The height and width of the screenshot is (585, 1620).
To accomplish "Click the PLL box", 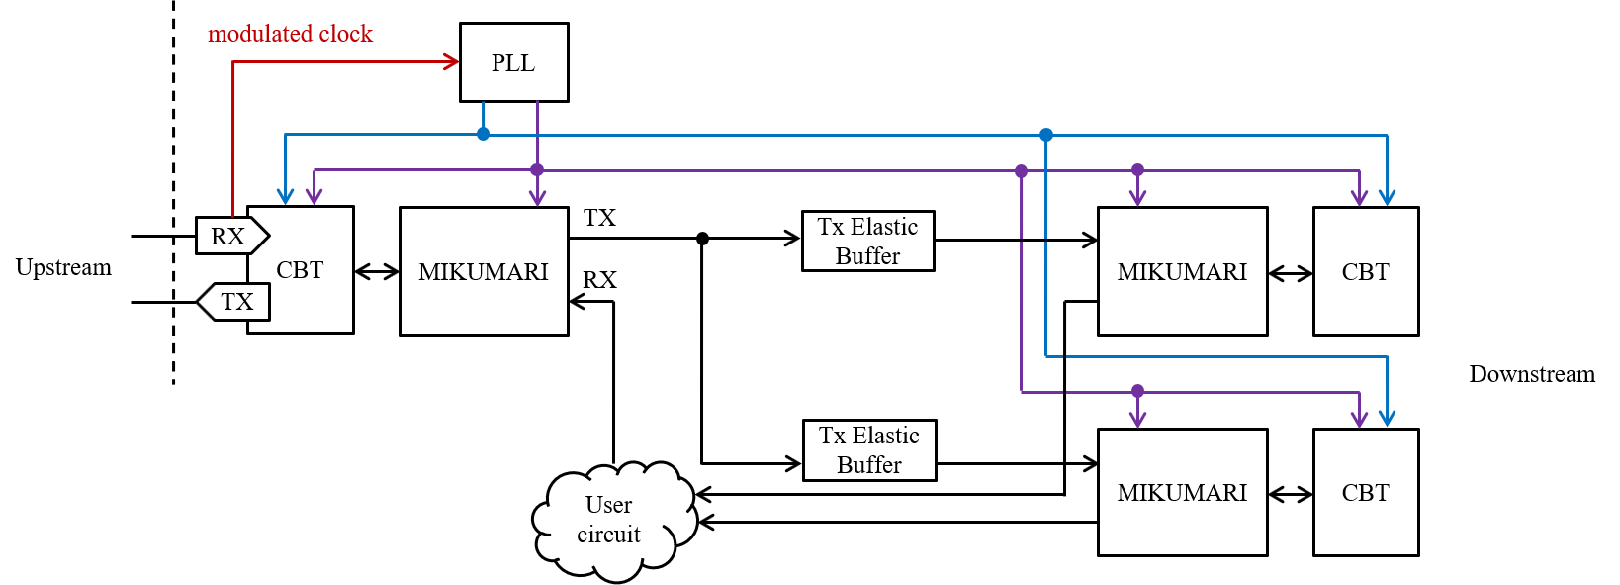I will (513, 62).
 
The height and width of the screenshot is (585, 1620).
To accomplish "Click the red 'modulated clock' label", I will (290, 34).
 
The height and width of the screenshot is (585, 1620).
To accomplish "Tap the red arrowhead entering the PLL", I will (451, 62).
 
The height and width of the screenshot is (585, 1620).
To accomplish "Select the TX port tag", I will (234, 302).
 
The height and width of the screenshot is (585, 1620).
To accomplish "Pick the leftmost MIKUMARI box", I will (484, 271).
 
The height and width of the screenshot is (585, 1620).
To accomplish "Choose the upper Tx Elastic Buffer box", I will (867, 242).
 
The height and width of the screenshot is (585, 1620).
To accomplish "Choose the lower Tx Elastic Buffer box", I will (869, 450).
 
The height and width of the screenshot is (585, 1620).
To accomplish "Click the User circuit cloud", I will (611, 521).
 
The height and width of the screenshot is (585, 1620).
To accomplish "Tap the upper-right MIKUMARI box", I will (1182, 271).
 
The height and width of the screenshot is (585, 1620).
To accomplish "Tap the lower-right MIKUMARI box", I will (1182, 492).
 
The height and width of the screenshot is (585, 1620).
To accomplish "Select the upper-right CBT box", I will (1366, 271).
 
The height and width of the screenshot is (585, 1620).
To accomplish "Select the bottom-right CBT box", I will (1366, 492).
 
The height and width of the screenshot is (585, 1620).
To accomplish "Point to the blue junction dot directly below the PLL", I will (483, 134).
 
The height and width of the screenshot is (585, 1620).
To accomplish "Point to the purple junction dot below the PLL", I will (537, 170).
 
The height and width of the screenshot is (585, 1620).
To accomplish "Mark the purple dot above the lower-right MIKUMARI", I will (1137, 391).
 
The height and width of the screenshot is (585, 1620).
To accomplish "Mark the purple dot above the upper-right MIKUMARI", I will (1137, 170).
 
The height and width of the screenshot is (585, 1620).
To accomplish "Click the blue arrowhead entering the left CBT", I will (285, 197).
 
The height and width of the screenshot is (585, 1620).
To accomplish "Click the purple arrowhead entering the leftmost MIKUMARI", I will (537, 198).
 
